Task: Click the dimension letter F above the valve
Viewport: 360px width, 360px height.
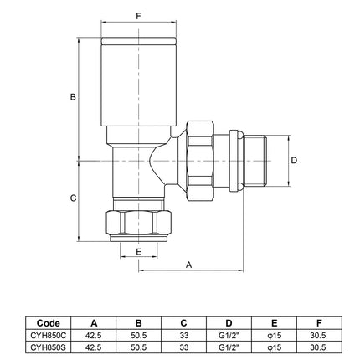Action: [x=138, y=14]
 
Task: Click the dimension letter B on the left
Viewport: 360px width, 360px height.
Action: [x=73, y=98]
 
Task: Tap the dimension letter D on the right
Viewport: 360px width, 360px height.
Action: [x=294, y=159]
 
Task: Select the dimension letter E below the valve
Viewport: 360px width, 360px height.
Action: [x=138, y=251]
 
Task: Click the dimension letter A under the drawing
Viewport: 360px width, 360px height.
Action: [x=189, y=264]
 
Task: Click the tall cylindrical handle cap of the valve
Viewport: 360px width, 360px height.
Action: [x=138, y=84]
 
